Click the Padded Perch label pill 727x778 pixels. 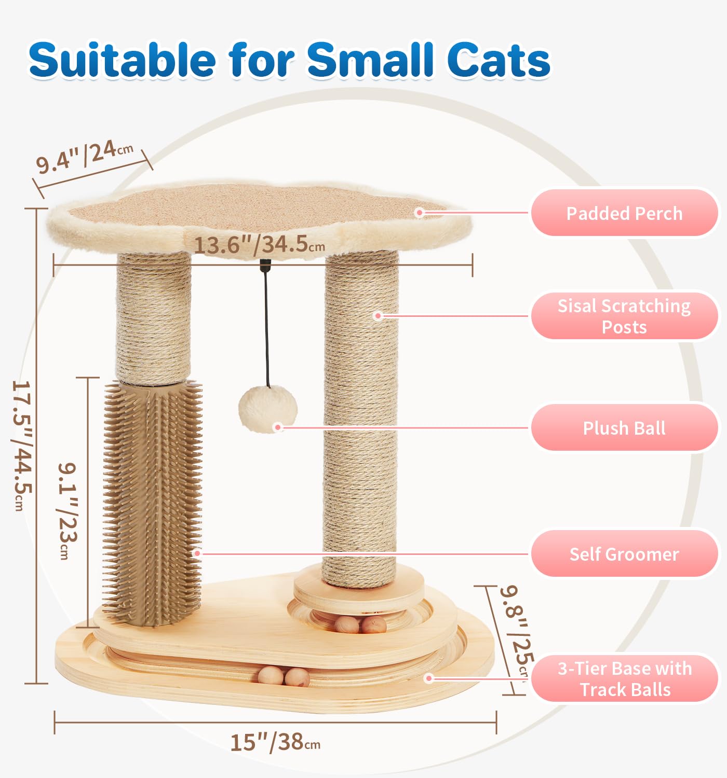624,213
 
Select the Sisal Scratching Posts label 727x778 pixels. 624,316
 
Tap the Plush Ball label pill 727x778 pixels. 624,428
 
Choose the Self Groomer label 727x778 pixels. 624,554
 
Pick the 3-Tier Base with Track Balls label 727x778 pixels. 625,679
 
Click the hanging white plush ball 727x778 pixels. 267,409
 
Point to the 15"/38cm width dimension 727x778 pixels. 275,742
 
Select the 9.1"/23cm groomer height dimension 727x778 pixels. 67,511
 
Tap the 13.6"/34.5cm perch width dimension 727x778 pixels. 260,244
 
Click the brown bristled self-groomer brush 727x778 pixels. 152,503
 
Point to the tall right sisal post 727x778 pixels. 360,415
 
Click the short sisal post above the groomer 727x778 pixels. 153,316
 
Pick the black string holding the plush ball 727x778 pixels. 266,332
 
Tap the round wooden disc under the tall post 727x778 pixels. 358,591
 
